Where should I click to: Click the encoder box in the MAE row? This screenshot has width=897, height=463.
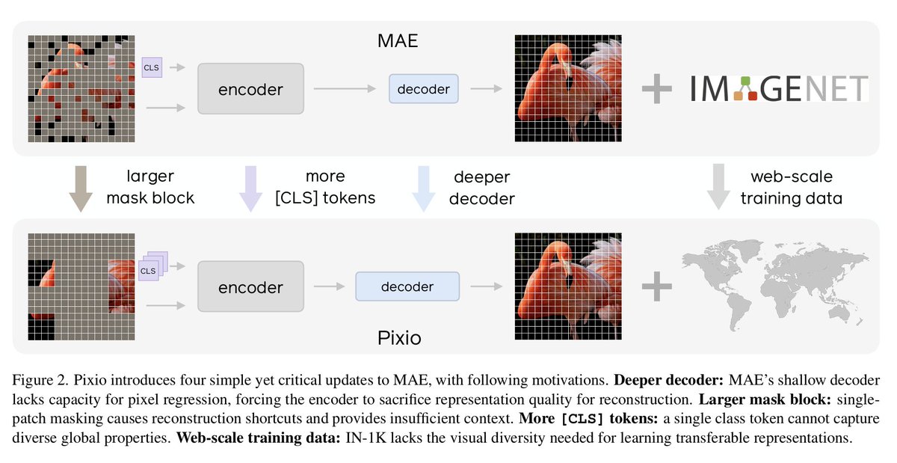tap(250, 89)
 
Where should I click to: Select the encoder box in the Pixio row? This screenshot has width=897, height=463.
tap(250, 286)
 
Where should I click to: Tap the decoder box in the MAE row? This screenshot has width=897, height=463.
tap(423, 89)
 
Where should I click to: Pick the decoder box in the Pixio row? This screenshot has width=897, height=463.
tap(407, 286)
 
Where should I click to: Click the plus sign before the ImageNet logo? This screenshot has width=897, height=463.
tap(657, 90)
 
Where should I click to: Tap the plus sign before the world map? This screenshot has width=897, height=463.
tap(657, 287)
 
